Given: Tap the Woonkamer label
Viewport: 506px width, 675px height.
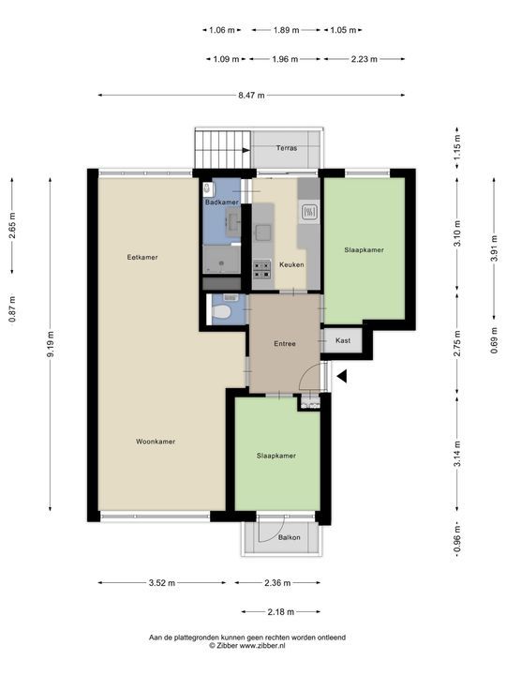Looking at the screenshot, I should coord(156,441).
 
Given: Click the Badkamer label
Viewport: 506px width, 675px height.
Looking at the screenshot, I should coord(221,202).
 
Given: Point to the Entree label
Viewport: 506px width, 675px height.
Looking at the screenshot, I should coord(285,343).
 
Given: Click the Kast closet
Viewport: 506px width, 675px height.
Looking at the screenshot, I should coord(343,340).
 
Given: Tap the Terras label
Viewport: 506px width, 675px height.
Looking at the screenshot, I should coord(287,148).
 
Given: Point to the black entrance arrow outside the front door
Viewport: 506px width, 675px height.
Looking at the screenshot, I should coord(342,377).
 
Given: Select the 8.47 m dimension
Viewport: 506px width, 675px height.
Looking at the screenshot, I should coord(251,95).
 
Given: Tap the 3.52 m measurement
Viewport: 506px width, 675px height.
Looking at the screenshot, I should coord(161,583).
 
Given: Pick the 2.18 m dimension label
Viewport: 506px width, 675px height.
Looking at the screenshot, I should coord(280,612).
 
